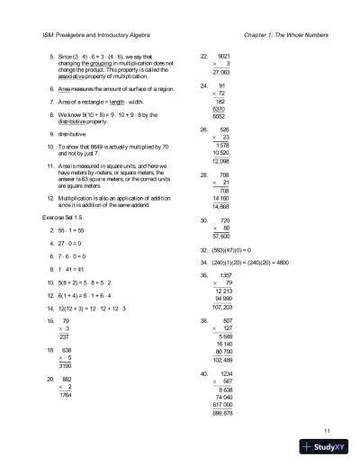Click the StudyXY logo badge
tap(328, 447)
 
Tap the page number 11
tap(327, 432)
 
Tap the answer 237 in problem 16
tap(64, 336)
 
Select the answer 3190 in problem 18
tap(64, 366)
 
